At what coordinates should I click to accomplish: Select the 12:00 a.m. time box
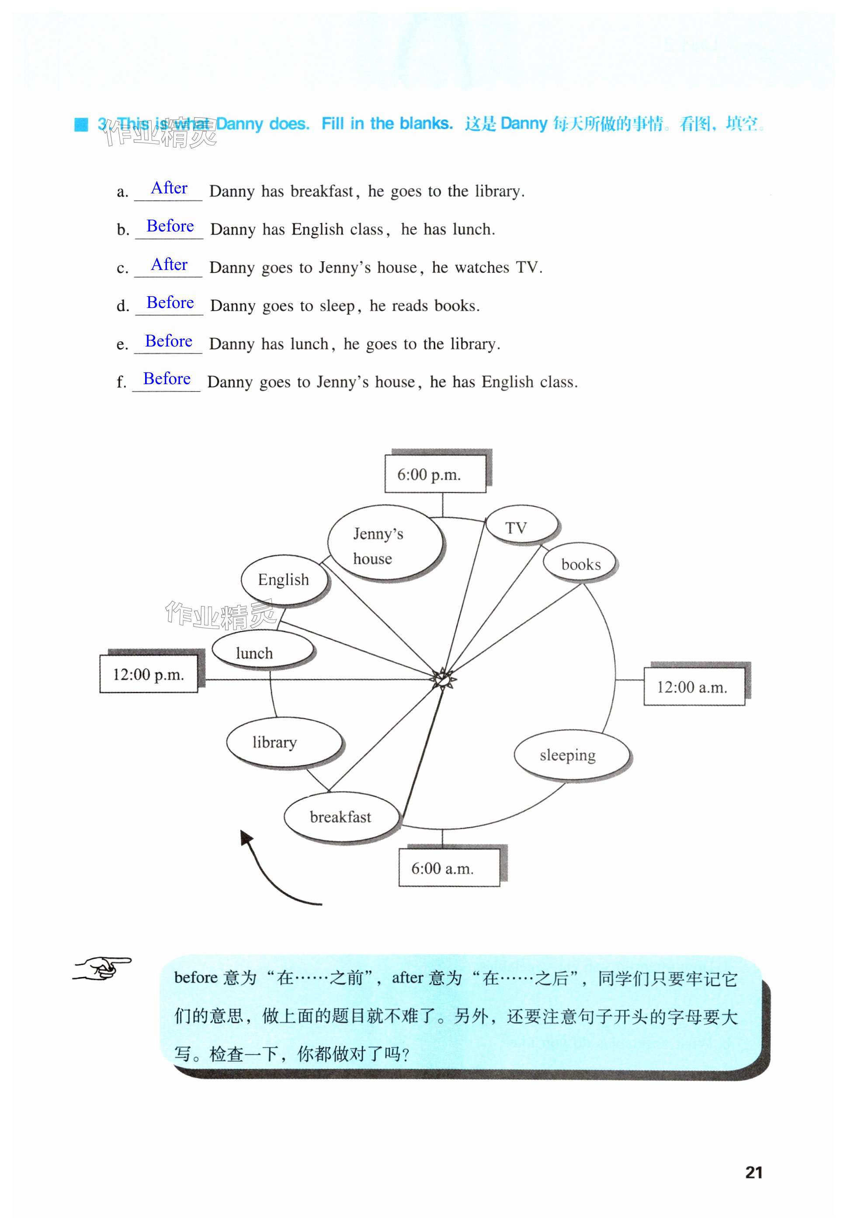[x=694, y=687]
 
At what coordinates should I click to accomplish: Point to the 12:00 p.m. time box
[x=149, y=674]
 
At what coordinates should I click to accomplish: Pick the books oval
[x=580, y=564]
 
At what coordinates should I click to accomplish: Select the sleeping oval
[x=571, y=755]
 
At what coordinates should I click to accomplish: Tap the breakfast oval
[x=341, y=817]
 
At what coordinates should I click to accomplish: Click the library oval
[x=284, y=742]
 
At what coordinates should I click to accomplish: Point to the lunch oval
[x=262, y=651]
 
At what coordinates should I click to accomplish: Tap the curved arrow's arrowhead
[x=246, y=838]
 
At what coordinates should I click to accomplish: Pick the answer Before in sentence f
[x=167, y=379]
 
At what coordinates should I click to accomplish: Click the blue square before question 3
[x=81, y=124]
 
